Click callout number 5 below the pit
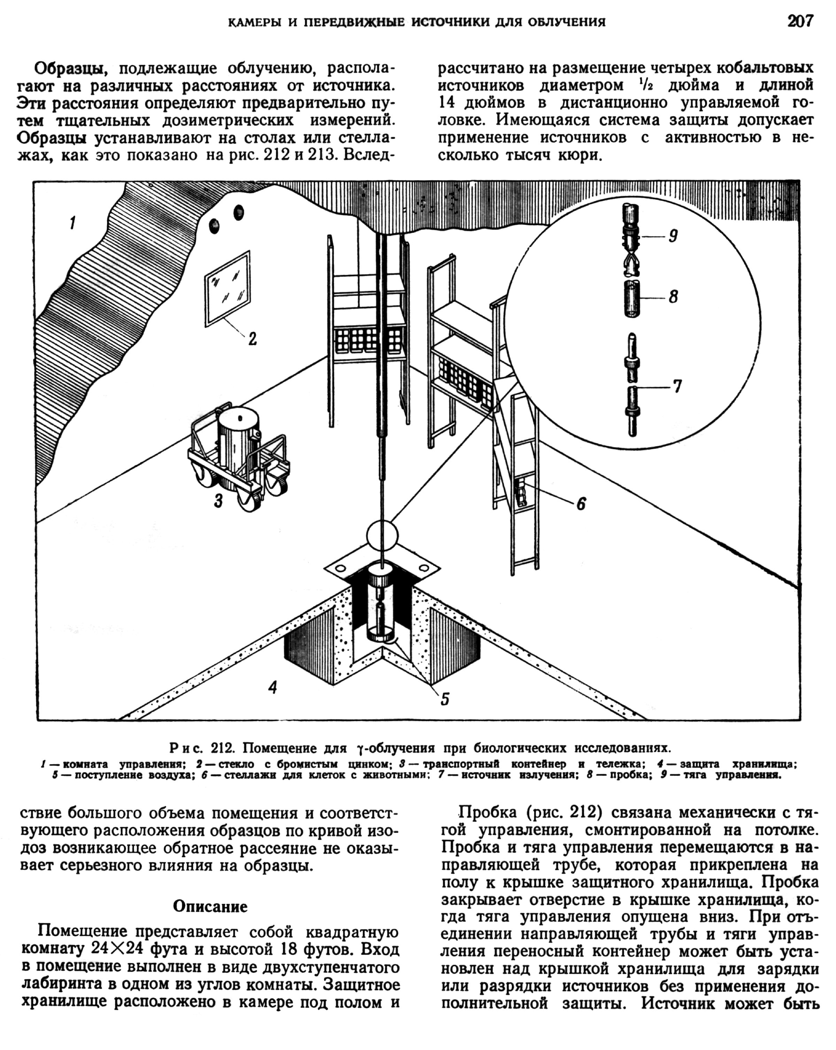pyautogui.click(x=581, y=504)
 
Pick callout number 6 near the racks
pyautogui.click(x=677, y=386)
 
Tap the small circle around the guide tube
pyautogui.click(x=632, y=298)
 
